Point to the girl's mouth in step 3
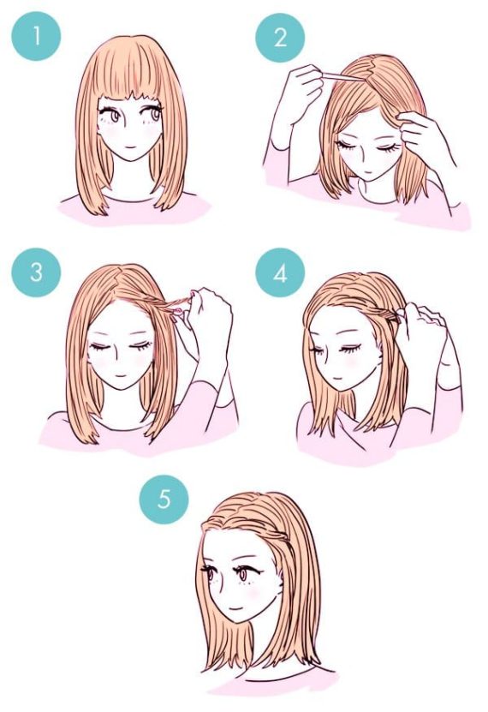[x=121, y=380]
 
